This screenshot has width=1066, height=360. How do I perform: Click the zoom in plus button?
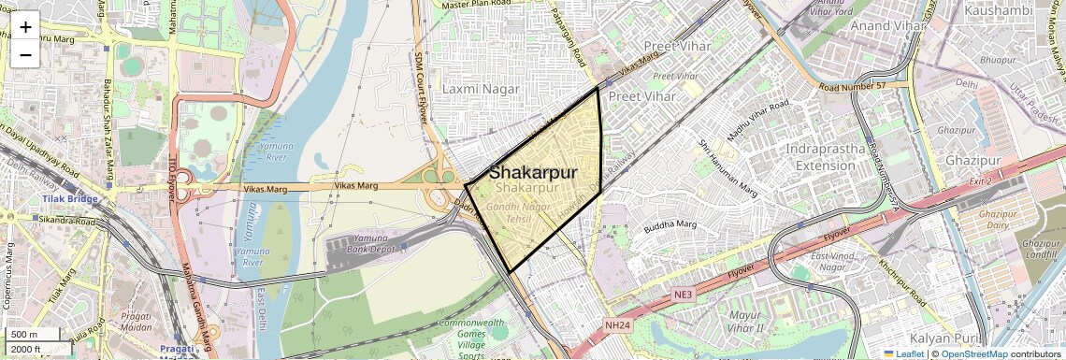[x=25, y=26]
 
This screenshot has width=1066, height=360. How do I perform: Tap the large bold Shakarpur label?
[x=532, y=173]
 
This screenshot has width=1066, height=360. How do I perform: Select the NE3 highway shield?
[x=684, y=295]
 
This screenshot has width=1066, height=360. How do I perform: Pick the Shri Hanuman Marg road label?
[x=727, y=169]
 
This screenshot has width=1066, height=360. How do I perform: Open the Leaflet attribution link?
[x=903, y=353]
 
